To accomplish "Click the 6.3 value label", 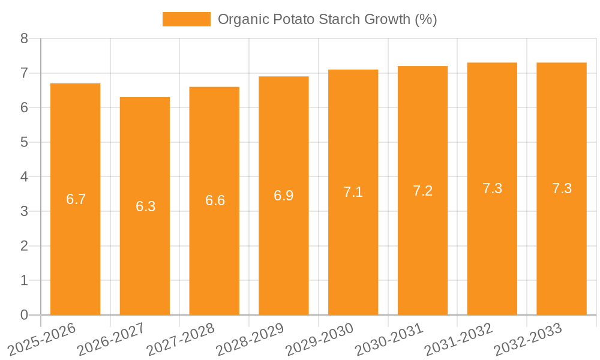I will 145,206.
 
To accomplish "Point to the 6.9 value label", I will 284,196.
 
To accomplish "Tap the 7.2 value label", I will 422,191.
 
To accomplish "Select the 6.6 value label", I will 215,201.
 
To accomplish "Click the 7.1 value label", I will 353,193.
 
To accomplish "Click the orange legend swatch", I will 187,19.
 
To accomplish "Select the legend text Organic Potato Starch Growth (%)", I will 327,19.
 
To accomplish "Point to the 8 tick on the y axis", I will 24,39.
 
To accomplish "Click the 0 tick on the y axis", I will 24,315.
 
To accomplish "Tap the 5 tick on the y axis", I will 24,143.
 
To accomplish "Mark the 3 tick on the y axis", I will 24,212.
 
